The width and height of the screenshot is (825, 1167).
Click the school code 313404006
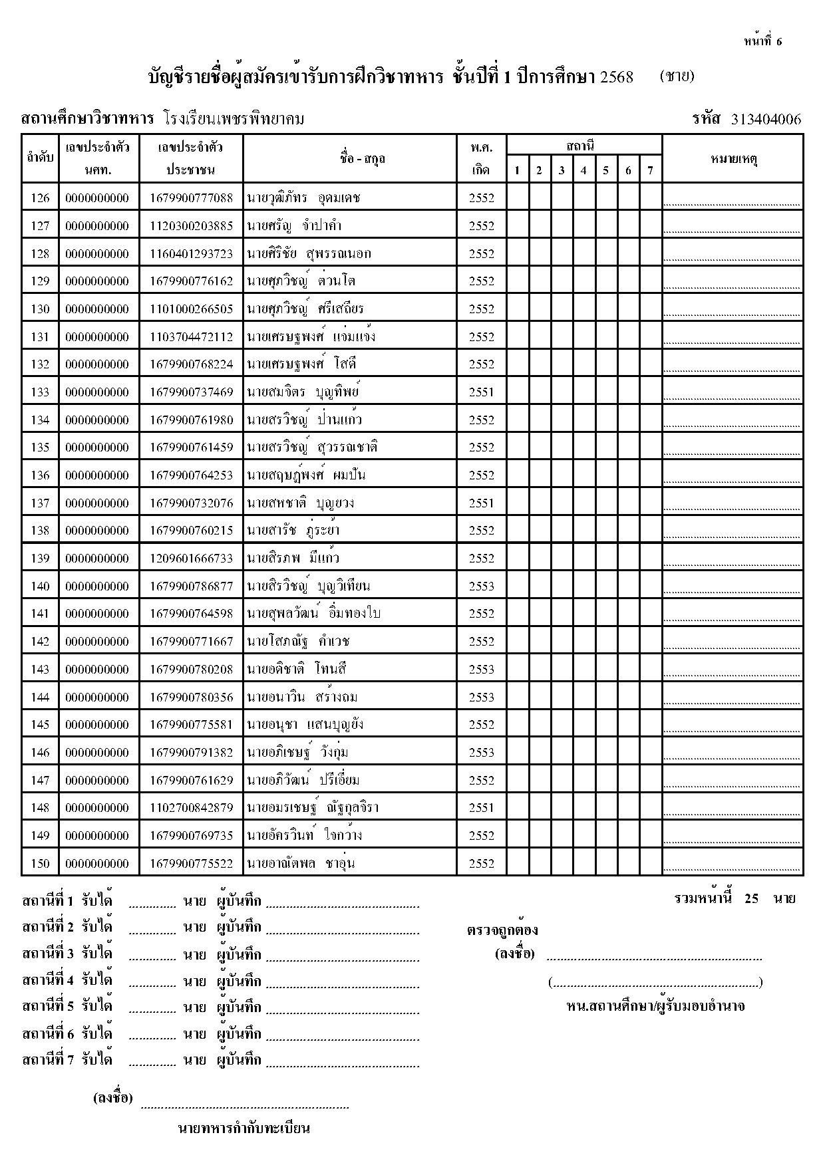[x=766, y=120]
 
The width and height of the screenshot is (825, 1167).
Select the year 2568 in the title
[x=616, y=77]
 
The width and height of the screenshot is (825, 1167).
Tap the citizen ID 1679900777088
[x=191, y=198]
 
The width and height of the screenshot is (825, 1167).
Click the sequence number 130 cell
[x=40, y=309]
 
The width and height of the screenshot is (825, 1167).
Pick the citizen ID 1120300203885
[x=191, y=226]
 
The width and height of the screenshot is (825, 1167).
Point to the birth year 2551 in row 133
[x=481, y=392]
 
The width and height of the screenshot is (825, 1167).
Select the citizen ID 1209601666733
[x=191, y=559]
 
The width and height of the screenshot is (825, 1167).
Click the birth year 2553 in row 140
[x=481, y=586]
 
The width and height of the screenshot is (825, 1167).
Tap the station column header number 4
[x=583, y=170]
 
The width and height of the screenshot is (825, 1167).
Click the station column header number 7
[x=650, y=170]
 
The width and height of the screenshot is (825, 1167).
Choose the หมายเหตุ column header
[x=734, y=159]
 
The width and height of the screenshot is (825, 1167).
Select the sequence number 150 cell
[x=40, y=864]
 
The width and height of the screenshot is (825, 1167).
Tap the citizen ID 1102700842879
[x=191, y=808]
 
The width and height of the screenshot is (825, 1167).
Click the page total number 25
[x=751, y=899]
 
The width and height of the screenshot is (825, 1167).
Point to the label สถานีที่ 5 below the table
[x=48, y=1007]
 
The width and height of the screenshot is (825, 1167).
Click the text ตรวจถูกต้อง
[x=502, y=930]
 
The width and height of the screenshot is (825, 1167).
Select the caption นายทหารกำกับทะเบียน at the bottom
[x=244, y=1128]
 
